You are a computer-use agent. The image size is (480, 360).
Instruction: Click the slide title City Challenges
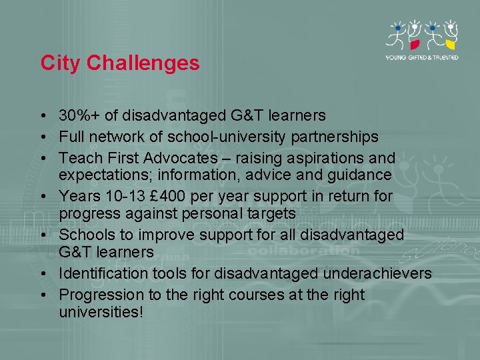(x=120, y=63)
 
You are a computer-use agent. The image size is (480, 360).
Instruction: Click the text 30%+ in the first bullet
(x=79, y=116)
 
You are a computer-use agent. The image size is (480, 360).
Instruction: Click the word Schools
(x=86, y=235)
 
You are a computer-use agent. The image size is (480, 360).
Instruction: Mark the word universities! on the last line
(x=101, y=311)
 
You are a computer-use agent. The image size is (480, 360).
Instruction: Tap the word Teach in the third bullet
(x=77, y=159)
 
